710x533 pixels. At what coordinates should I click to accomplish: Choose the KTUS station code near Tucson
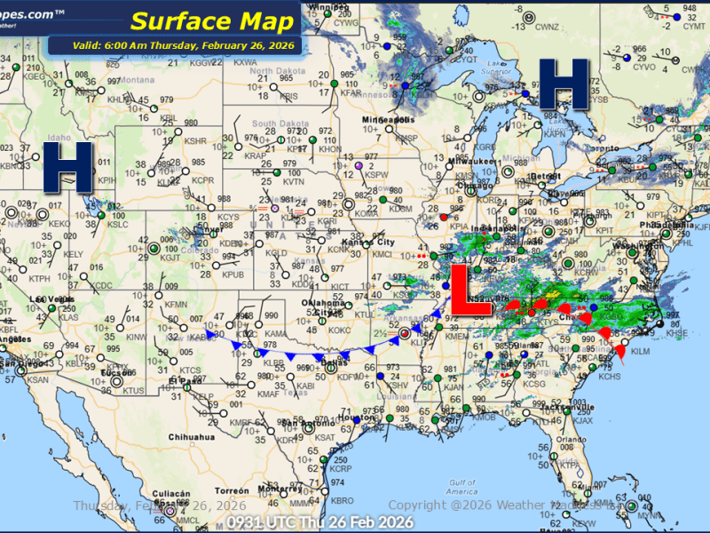pos(133,390)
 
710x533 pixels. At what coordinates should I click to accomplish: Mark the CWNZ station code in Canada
pos(547,27)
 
